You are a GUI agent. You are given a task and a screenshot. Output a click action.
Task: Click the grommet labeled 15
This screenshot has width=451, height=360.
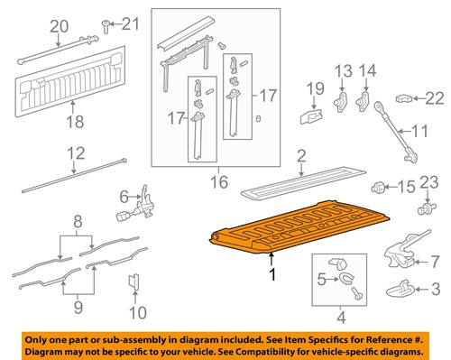click(380, 189)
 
